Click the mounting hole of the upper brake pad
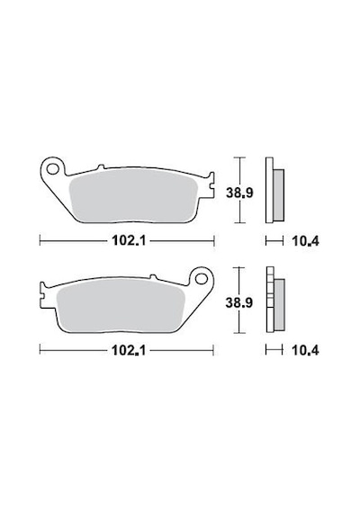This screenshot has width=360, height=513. pos(52,169)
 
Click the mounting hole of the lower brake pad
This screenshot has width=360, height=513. pos(201,278)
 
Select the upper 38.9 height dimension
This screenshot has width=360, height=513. pos(239,193)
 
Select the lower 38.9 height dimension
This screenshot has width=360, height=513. pos(238,303)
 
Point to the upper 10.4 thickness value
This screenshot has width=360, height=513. pos(305,241)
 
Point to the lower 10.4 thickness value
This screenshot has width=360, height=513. pos(305,351)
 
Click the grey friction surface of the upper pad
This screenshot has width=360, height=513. pos(133,196)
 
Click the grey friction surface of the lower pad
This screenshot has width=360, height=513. pos(120,306)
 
